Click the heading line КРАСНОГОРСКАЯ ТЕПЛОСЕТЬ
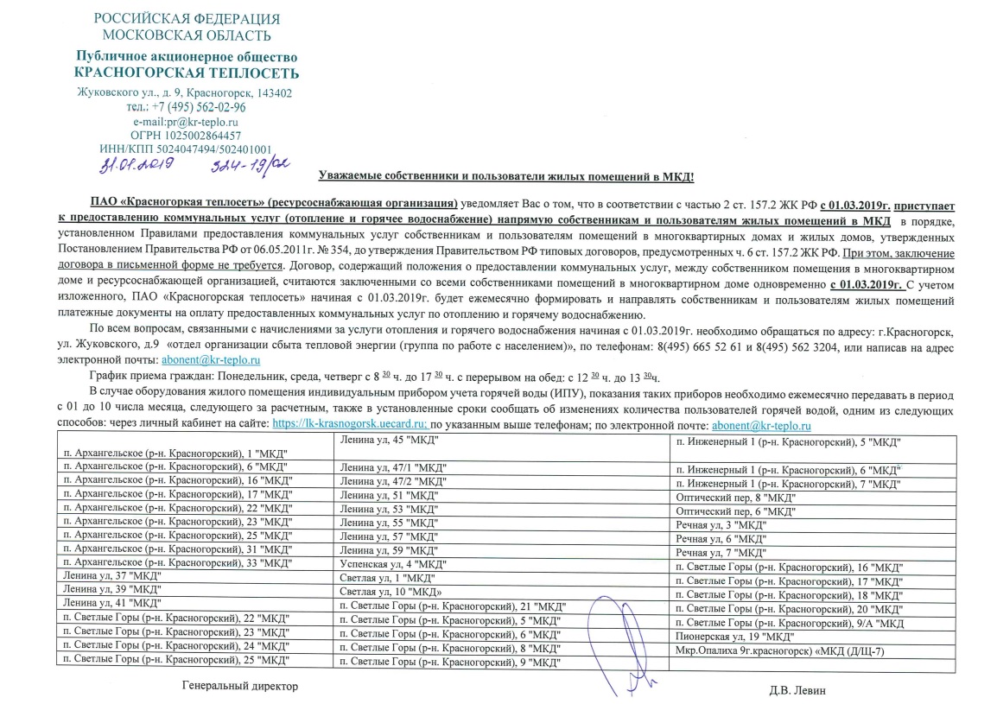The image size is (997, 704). (187, 73)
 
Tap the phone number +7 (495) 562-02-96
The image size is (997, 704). (198, 108)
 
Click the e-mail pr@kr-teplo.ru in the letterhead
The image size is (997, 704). (194, 122)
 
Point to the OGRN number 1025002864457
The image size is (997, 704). (185, 136)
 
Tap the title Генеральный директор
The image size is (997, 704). (239, 686)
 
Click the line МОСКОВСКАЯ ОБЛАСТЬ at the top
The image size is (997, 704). (186, 35)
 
